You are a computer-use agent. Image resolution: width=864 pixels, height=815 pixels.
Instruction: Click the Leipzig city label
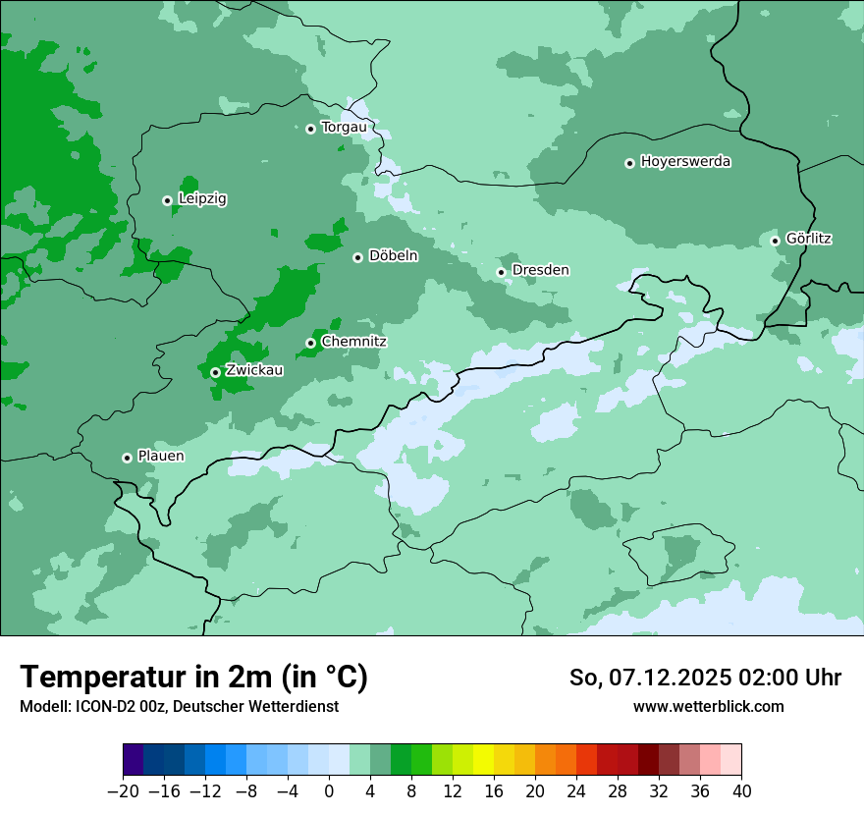[202, 199]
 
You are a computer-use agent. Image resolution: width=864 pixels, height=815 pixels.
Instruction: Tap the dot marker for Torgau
[310, 129]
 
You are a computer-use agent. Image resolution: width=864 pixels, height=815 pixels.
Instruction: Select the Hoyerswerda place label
[685, 162]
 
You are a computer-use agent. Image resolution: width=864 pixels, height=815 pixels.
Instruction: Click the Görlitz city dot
[775, 241]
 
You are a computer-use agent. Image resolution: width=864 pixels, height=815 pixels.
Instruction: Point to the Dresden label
[540, 270]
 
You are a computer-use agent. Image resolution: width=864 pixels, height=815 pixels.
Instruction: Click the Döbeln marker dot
[357, 257]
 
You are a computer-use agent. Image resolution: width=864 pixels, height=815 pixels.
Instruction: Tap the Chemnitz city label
[353, 342]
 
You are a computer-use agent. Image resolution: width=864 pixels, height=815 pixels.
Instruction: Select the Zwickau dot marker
[215, 372]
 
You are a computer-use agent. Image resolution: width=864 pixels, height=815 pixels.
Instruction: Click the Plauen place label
[160, 457]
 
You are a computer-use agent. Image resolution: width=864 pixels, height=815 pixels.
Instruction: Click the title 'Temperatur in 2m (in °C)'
[193, 677]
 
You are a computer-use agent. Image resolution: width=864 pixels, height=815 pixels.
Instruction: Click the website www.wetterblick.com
[708, 707]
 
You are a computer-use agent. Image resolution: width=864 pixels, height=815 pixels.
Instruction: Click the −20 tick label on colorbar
[123, 791]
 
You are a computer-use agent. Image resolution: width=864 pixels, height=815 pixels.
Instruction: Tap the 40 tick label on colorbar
[741, 791]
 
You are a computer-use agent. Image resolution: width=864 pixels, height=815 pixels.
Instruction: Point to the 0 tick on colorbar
[329, 791]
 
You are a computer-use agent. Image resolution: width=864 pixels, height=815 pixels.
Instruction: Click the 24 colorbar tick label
[576, 791]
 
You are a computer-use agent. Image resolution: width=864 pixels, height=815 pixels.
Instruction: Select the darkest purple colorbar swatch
[133, 760]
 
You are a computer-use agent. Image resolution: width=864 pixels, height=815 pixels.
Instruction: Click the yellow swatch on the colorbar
[483, 760]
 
